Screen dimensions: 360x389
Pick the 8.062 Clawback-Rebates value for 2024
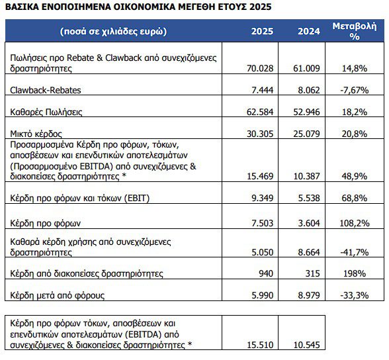[305, 89]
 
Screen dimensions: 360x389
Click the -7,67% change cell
[354, 89]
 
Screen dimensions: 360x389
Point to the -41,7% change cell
[354, 251]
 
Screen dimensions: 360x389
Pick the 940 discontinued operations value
[265, 273]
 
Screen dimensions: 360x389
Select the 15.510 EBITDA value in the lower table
[259, 344]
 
